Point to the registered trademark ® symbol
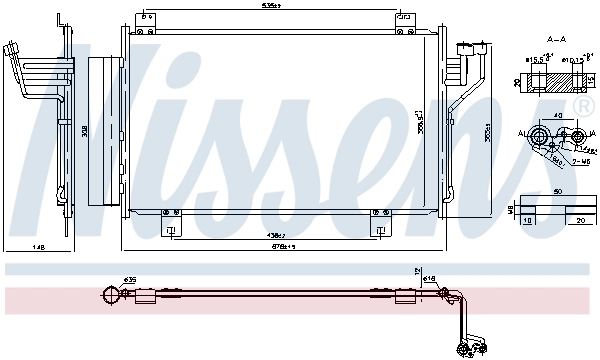pos(584,104)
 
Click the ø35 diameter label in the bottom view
pos(130,279)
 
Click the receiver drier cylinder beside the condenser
pos(103,130)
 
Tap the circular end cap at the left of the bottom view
pos(108,294)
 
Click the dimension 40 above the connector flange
pos(557,117)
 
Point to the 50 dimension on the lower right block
pos(557,192)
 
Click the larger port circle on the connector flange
pos(542,137)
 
